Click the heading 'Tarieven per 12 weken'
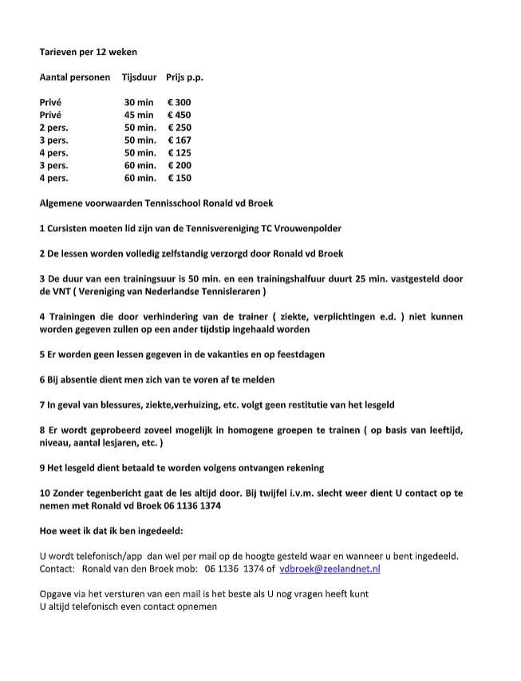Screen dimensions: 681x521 coord(88,52)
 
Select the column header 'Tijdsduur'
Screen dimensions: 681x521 coord(139,77)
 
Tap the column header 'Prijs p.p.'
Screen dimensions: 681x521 coord(184,77)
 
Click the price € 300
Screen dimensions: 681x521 coord(180,103)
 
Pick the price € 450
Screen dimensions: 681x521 coord(180,116)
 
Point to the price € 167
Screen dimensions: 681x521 coord(180,140)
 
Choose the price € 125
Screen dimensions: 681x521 coord(180,153)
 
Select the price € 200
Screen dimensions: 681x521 coord(180,166)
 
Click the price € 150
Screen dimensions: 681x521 coord(180,179)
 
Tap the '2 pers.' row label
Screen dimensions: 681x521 coord(53,128)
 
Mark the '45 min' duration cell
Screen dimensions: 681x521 coord(139,116)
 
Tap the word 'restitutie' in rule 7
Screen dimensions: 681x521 coord(293,405)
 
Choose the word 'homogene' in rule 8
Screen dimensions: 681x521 coord(254,431)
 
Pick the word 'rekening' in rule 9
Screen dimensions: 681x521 coord(302,468)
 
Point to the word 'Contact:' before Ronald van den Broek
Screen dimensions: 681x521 coord(57,569)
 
